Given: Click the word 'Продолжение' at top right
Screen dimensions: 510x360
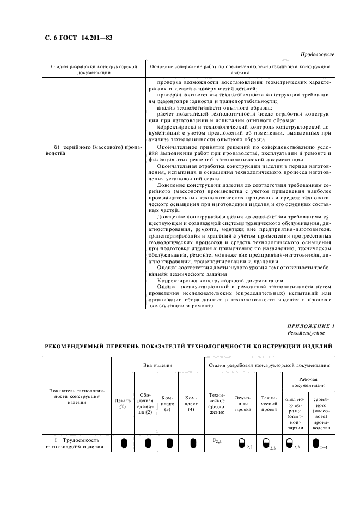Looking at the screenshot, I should click(316, 55).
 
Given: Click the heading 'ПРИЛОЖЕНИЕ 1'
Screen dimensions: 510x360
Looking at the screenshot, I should click(310, 325).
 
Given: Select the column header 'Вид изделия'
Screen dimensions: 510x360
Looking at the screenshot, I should click(157, 366).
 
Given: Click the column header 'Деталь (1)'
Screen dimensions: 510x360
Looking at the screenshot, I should click(123, 403).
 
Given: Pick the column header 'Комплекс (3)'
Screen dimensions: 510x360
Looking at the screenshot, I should click(168, 403).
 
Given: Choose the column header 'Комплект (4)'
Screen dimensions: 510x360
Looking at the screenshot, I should click(191, 403).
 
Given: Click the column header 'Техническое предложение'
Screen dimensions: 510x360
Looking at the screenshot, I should click(217, 403).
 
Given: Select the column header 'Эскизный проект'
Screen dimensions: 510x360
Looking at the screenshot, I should click(243, 403).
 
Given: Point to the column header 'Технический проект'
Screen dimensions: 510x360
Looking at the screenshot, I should click(269, 403).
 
